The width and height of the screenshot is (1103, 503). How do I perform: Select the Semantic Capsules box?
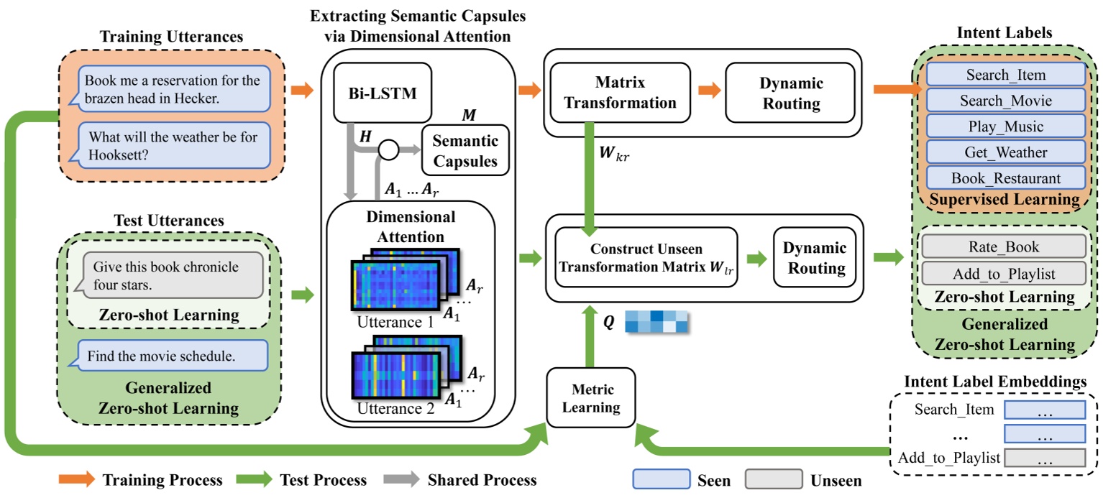click(x=465, y=150)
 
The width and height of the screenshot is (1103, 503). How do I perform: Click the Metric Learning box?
click(x=592, y=399)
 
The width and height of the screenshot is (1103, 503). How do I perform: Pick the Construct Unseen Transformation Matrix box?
click(x=646, y=257)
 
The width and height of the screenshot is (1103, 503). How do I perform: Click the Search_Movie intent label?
click(x=1005, y=100)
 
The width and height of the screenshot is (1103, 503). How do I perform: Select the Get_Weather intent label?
click(x=1005, y=152)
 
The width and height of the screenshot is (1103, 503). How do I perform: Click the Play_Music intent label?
click(x=1005, y=126)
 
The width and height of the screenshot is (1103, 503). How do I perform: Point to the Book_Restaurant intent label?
click(x=1005, y=177)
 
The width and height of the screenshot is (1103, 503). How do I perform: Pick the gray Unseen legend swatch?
click(x=773, y=479)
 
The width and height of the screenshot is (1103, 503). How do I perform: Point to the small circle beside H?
click(x=389, y=149)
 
